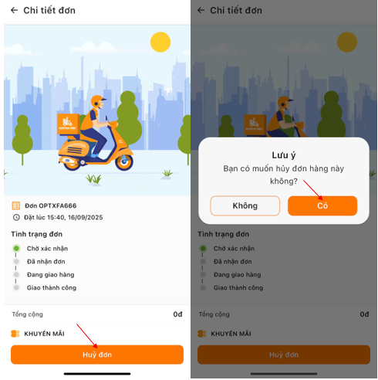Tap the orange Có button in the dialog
322,205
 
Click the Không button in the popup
245,205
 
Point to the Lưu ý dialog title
284,155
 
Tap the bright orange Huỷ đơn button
97,355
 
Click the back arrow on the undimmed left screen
14,10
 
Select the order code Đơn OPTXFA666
51,205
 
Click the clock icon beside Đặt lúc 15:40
16,217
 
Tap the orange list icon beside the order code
16,205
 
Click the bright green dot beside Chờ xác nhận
16,249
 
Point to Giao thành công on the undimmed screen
52,287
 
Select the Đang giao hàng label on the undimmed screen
50,275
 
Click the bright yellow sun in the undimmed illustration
160,42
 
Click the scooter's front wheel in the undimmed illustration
124,162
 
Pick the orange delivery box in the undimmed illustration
69,124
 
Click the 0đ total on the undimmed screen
177,314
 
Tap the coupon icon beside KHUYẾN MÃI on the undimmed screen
15,334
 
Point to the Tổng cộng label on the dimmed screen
214,314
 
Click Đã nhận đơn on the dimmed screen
232,262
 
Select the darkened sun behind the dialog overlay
347,42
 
